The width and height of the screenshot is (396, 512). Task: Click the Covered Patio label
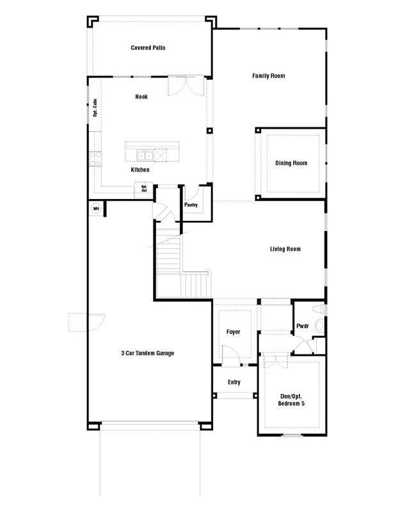click(x=148, y=47)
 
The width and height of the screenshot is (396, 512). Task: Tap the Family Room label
click(x=268, y=76)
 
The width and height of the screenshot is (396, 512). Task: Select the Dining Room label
click(x=291, y=163)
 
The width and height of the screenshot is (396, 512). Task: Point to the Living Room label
click(x=285, y=249)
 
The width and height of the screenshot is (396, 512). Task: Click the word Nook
click(x=141, y=97)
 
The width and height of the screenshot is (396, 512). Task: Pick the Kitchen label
click(x=140, y=170)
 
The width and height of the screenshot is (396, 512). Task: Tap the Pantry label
click(x=191, y=205)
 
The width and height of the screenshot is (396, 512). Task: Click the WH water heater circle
click(x=96, y=209)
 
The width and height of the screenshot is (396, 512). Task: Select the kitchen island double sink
click(x=145, y=156)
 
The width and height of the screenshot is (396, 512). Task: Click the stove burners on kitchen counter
click(x=95, y=159)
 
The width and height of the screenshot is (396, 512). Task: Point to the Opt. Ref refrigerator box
click(x=144, y=190)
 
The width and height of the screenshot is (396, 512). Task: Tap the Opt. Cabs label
click(x=95, y=108)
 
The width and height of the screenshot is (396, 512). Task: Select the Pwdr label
click(x=303, y=326)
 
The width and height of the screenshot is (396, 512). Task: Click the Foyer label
click(x=233, y=332)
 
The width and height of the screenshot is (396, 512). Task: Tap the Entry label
click(x=234, y=382)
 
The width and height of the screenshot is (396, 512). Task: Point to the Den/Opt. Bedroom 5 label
click(x=291, y=400)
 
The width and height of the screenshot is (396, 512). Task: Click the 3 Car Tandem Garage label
click(x=148, y=353)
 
